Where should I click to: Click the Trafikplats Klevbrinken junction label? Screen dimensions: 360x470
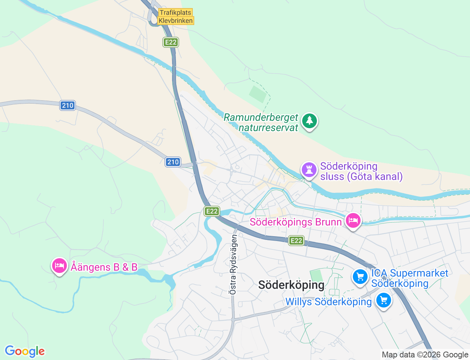pyautogui.click(x=176, y=17)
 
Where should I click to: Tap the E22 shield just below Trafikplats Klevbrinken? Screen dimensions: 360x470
pyautogui.click(x=170, y=42)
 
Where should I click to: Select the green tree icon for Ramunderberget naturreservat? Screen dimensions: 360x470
pyautogui.click(x=310, y=121)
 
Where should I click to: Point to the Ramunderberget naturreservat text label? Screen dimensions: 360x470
pyautogui.click(x=261, y=122)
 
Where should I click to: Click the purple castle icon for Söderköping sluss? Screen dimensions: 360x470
pyautogui.click(x=309, y=170)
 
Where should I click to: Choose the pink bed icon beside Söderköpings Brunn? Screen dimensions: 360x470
pyautogui.click(x=353, y=221)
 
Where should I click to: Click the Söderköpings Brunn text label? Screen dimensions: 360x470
pyautogui.click(x=296, y=222)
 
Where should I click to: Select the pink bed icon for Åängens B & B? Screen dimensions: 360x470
pyautogui.click(x=59, y=266)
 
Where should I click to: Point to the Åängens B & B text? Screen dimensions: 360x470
pyautogui.click(x=104, y=267)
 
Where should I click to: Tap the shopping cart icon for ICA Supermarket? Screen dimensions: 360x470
pyautogui.click(x=360, y=277)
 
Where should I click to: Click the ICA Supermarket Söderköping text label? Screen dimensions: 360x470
pyautogui.click(x=409, y=278)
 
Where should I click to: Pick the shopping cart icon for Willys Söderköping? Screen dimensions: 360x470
pyautogui.click(x=384, y=300)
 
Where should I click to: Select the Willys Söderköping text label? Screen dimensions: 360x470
pyautogui.click(x=329, y=302)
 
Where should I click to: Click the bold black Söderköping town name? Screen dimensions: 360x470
pyautogui.click(x=291, y=285)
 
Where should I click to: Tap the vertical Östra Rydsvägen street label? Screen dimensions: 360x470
pyautogui.click(x=233, y=264)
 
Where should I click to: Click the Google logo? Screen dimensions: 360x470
pyautogui.click(x=25, y=351)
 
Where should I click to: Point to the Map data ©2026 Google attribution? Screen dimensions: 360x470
pyautogui.click(x=425, y=354)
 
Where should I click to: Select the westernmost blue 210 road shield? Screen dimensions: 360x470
pyautogui.click(x=68, y=105)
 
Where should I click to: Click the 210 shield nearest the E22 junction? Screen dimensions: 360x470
pyautogui.click(x=173, y=162)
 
